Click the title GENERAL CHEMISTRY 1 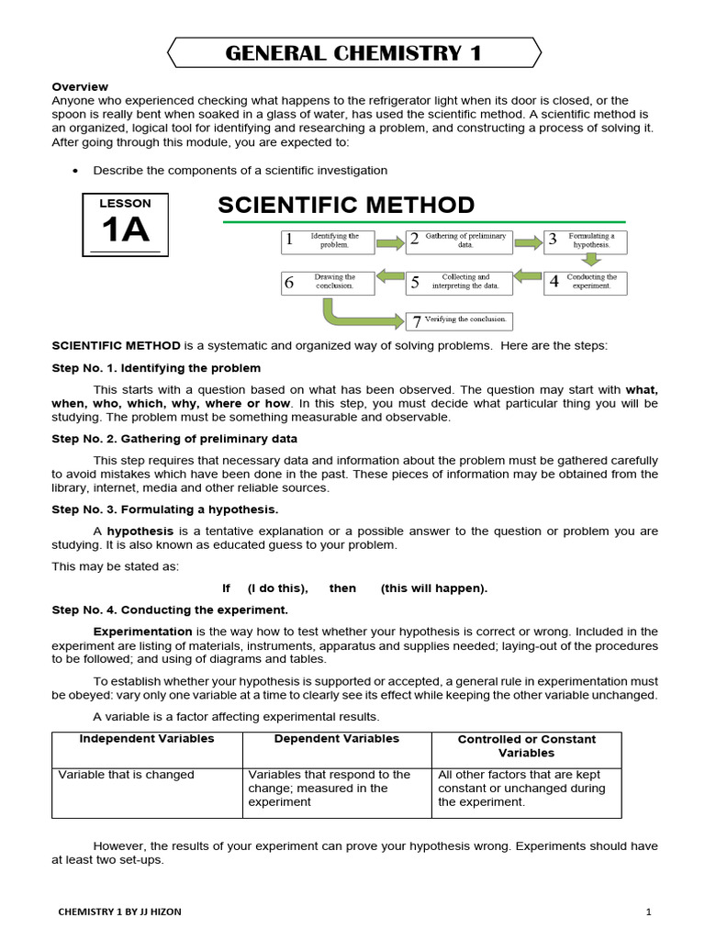(353, 53)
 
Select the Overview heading (80, 86)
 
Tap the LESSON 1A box (125, 224)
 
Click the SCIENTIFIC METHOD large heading (346, 205)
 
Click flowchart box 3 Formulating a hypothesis (586, 241)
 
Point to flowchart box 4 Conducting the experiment (586, 282)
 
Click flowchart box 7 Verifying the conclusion (459, 320)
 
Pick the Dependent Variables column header (337, 739)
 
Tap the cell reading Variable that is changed (127, 775)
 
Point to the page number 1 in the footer (647, 912)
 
